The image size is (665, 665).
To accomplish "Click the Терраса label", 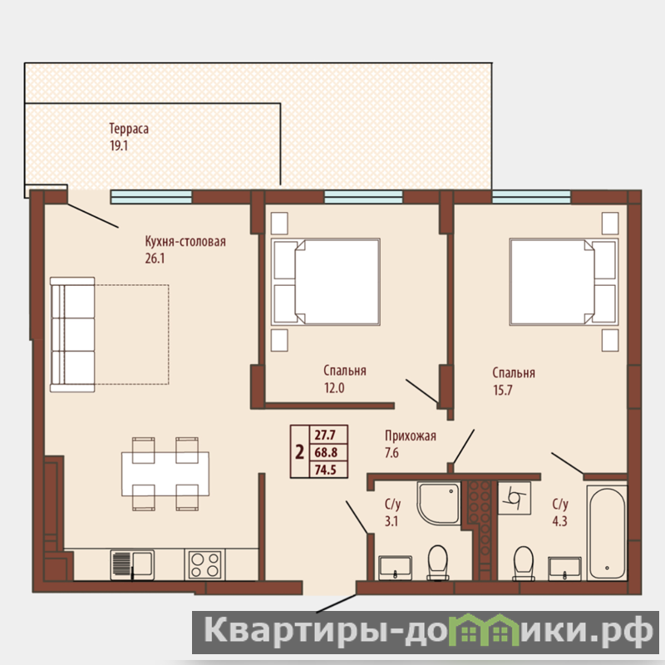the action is [x=129, y=129].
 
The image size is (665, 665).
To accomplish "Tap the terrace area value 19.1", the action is [x=119, y=145].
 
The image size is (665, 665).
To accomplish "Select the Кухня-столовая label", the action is [x=185, y=241].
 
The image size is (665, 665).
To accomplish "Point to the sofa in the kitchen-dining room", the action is [x=72, y=335].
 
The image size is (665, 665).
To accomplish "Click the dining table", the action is [x=165, y=474].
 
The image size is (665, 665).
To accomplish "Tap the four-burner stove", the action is [x=204, y=564].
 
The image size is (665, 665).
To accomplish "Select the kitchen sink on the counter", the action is [x=132, y=564].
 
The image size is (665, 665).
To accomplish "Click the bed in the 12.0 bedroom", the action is [x=325, y=282].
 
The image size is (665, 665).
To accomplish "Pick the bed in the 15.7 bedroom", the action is [x=564, y=282].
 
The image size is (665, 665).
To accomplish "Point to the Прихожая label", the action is [x=410, y=436].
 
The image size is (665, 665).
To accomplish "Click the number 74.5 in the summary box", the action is [x=325, y=470].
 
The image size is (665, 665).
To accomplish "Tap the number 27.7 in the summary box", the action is [x=325, y=435].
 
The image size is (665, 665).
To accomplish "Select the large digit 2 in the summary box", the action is [x=300, y=452].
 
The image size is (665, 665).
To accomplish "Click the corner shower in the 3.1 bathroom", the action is [x=439, y=504].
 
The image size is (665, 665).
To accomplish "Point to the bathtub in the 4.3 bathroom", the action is [x=607, y=533].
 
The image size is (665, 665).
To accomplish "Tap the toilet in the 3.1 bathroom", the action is [x=438, y=563].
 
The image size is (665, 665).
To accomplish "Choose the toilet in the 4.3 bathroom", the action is [x=524, y=564].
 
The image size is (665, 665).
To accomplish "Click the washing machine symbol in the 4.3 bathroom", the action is [x=514, y=498].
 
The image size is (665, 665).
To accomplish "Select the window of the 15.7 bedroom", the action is [x=531, y=197].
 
